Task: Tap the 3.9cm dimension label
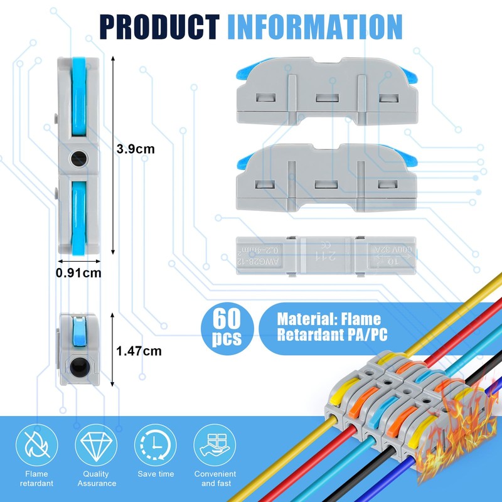(136, 149)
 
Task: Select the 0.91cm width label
(78, 273)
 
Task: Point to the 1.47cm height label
(139, 351)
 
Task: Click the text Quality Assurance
(97, 479)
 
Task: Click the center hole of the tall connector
(79, 159)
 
